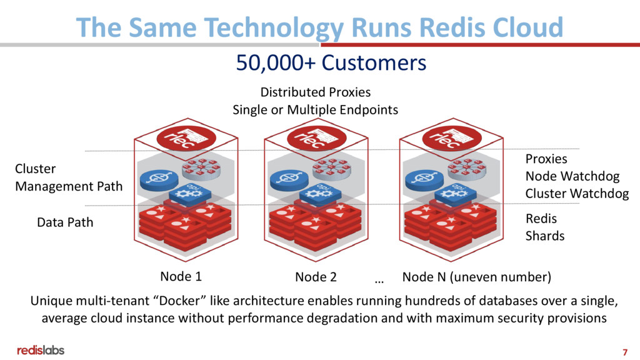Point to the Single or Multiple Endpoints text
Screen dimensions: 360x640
pyautogui.click(x=315, y=110)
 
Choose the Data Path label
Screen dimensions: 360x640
pyautogui.click(x=65, y=222)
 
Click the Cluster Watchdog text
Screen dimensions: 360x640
pyautogui.click(x=577, y=194)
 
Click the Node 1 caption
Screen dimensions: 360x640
pyautogui.click(x=181, y=276)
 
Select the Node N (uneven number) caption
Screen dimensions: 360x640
pyautogui.click(x=476, y=276)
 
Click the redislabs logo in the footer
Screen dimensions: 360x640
pyautogui.click(x=41, y=350)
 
